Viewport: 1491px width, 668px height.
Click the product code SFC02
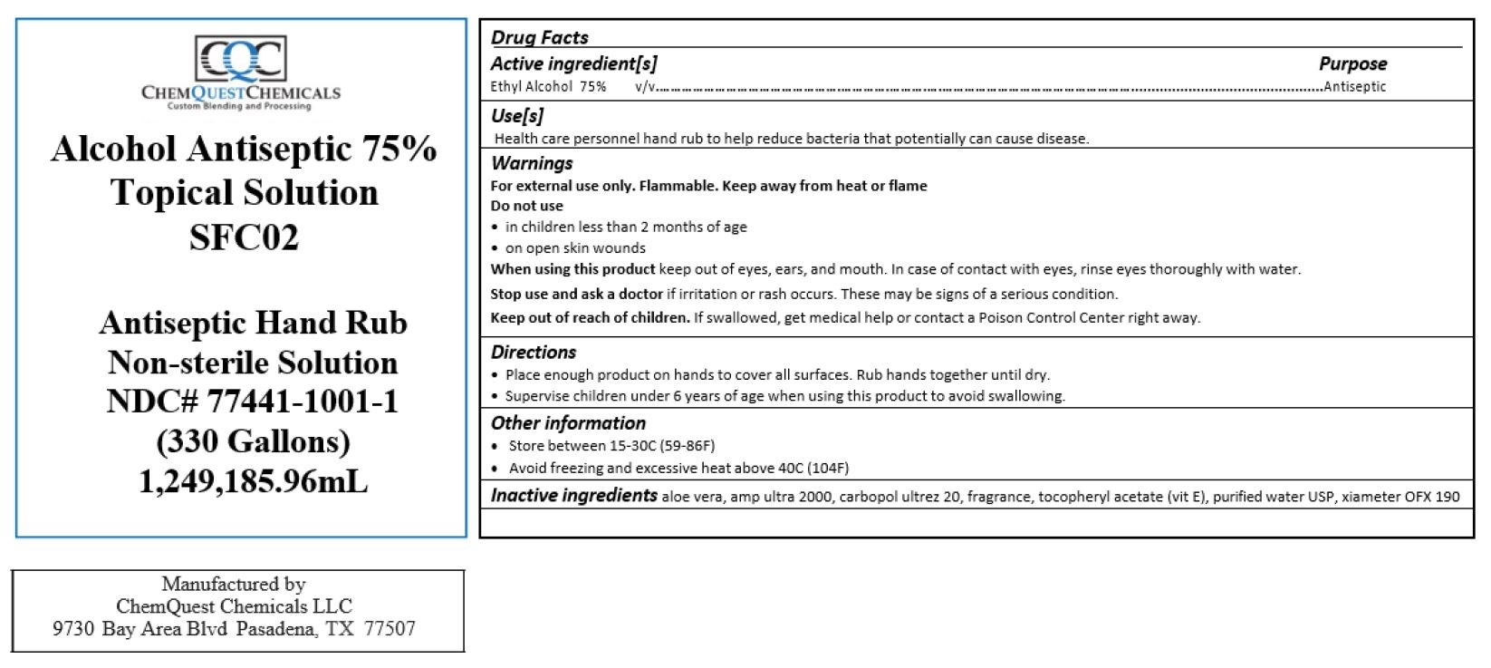point(244,237)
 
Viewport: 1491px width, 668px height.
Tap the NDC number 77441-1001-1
point(302,402)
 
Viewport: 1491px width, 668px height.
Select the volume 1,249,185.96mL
point(253,481)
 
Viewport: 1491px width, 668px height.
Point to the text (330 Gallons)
point(253,441)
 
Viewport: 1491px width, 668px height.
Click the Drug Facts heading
point(539,37)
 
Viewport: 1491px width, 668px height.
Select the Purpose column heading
point(1352,63)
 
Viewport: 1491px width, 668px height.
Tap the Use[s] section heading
point(516,116)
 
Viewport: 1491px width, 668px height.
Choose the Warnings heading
point(532,163)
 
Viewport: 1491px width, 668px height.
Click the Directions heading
point(533,352)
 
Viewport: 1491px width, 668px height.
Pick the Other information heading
point(568,423)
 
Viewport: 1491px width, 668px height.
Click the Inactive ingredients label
point(573,496)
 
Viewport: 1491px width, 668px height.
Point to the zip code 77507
point(390,629)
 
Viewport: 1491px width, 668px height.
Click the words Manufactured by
point(234,584)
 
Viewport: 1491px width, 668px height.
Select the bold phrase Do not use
point(526,206)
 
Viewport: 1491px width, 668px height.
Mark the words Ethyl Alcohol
point(532,87)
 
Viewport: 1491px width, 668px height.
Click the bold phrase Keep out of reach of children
point(590,317)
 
